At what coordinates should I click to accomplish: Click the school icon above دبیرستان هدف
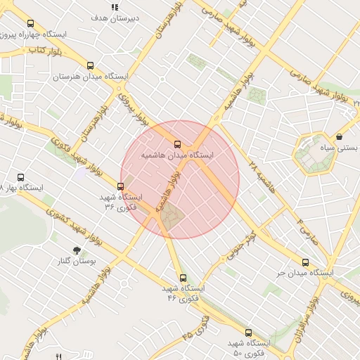(115, 8)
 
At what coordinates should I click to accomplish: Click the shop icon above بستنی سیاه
(340, 136)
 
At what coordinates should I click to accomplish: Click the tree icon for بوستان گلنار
(77, 250)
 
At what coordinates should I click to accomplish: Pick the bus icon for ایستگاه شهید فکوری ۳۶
(121, 186)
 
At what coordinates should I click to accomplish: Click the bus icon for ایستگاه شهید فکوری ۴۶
(184, 278)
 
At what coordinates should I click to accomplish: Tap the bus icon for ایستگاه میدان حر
(305, 262)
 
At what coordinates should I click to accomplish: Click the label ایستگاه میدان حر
(304, 272)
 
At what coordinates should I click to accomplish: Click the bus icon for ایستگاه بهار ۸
(20, 178)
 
